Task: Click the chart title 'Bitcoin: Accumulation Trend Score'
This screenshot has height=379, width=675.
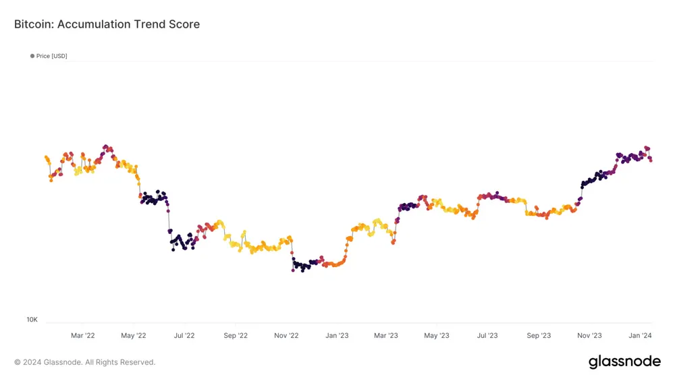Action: point(107,24)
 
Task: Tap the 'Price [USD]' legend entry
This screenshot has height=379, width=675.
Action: point(52,56)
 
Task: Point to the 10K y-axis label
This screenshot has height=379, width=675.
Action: point(32,319)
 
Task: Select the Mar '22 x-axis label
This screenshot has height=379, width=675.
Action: point(82,335)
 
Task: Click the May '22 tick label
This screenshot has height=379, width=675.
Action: point(133,335)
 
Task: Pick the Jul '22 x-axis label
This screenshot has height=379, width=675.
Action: point(184,335)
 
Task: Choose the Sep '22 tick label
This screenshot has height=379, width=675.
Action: point(235,335)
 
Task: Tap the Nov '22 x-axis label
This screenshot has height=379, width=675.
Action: point(286,335)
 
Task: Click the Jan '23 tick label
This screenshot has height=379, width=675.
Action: point(337,335)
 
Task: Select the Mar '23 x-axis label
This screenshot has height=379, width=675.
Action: point(386,335)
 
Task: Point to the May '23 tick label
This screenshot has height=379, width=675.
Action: point(437,335)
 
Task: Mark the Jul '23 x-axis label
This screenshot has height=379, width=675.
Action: point(487,335)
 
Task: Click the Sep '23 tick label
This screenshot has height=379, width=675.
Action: point(539,335)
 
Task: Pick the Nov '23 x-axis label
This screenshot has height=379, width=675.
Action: point(590,335)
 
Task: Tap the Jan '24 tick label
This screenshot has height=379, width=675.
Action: point(641,335)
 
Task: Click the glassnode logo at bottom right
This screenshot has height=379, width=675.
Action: point(624,362)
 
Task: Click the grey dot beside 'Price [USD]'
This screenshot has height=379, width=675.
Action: point(32,56)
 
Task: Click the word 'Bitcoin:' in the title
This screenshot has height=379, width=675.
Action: point(34,24)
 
